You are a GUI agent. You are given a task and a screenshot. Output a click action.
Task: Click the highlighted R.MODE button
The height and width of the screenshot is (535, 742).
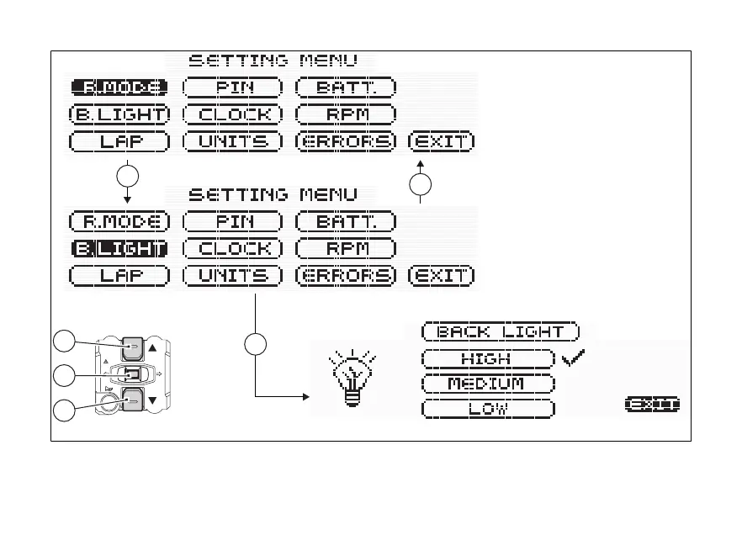click(x=119, y=87)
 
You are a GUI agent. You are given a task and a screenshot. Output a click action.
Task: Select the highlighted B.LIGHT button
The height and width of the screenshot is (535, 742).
click(x=119, y=248)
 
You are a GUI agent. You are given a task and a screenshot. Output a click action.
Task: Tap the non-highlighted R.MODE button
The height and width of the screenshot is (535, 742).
click(x=119, y=222)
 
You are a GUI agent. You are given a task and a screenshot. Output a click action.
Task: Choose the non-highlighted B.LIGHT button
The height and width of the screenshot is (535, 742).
click(x=119, y=114)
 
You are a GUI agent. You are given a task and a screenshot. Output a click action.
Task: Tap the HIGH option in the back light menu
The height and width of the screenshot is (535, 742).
click(x=487, y=358)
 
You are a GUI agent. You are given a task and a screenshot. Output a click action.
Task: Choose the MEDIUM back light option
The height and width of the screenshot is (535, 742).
click(x=487, y=384)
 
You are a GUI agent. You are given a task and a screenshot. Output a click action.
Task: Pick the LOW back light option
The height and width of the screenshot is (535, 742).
click(x=487, y=409)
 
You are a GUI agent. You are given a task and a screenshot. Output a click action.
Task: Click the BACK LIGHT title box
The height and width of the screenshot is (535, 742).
click(x=500, y=331)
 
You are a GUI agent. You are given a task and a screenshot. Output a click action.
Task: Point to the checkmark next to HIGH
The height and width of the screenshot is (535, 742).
click(x=573, y=359)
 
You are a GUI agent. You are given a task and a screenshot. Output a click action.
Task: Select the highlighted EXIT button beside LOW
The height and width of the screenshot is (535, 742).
click(x=652, y=405)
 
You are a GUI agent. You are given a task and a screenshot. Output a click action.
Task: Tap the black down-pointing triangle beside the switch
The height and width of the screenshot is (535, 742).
click(x=152, y=401)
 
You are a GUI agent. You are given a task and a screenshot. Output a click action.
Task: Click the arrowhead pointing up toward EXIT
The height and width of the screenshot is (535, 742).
click(x=421, y=161)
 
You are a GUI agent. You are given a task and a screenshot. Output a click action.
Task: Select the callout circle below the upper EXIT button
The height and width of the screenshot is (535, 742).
click(x=421, y=185)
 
